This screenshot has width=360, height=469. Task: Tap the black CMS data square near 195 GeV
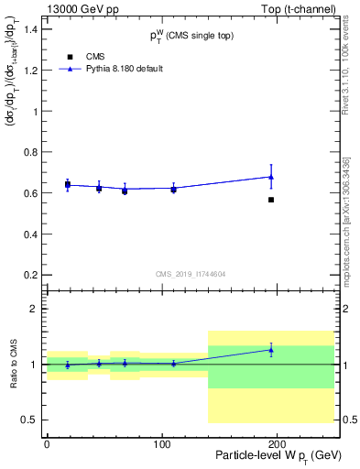point(271,200)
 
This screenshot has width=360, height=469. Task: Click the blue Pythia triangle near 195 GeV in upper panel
point(271,177)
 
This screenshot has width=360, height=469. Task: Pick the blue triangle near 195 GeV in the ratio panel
point(271,349)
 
